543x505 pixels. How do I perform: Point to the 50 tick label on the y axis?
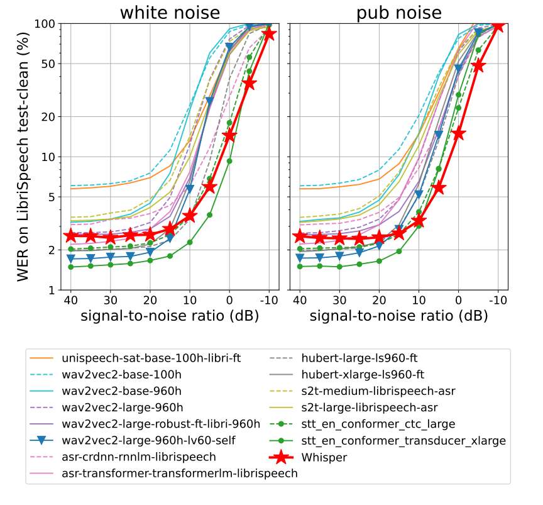click(48, 64)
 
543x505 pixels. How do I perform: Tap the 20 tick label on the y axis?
click(48, 116)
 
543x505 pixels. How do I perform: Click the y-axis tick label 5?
click(52, 197)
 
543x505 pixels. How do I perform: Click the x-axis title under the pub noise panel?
click(398, 316)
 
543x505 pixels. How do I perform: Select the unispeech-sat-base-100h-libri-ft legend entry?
click(151, 359)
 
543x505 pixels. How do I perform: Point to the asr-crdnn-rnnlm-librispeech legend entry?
click(139, 457)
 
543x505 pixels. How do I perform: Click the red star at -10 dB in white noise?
click(269, 33)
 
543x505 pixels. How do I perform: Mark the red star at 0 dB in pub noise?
click(458, 133)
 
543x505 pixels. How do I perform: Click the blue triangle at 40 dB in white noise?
click(71, 258)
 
